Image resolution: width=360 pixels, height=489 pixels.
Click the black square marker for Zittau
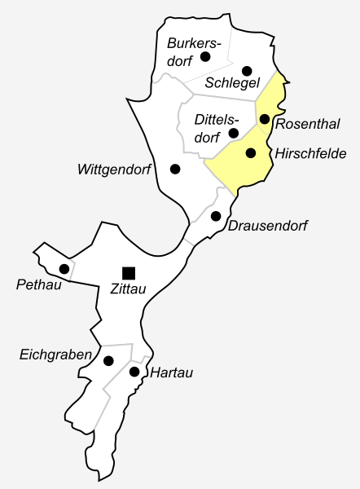[128, 271]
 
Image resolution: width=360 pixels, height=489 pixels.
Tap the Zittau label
[127, 289]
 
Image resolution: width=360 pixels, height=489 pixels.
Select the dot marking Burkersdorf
[205, 56]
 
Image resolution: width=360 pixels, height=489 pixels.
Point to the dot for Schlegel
[247, 71]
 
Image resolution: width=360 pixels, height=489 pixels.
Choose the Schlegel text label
[232, 85]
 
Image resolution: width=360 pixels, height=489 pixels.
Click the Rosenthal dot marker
[264, 119]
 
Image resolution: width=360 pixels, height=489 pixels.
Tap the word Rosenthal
[307, 124]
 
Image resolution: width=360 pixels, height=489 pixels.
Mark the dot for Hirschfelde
[251, 152]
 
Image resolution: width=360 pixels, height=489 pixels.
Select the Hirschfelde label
[311, 153]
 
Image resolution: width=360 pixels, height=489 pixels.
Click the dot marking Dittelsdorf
[234, 133]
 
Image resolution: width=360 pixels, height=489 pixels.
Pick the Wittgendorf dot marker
[175, 169]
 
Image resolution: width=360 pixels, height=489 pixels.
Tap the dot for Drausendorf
[216, 216]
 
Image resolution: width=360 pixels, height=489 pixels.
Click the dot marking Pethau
[64, 269]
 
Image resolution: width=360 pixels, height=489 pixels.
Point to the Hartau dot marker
[134, 372]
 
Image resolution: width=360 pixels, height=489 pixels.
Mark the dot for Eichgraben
[108, 360]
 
